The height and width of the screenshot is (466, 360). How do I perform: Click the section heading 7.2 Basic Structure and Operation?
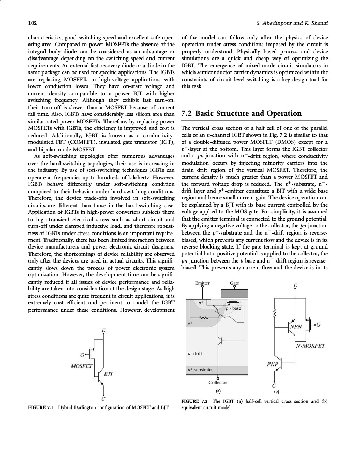tap(242, 113)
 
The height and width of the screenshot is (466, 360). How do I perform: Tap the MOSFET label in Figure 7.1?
tap(81, 366)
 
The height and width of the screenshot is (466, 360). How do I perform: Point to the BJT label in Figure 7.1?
tap(110, 373)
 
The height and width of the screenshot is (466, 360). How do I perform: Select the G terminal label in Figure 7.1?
tap(83, 355)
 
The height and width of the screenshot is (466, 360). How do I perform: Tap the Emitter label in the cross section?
tap(203, 283)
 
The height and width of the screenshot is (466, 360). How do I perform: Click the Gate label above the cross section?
tap(234, 283)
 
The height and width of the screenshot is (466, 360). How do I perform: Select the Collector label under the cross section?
tap(218, 382)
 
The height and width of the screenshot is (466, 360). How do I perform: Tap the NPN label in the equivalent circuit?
tap(296, 327)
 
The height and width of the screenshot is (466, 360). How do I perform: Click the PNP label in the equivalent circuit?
tap(274, 364)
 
